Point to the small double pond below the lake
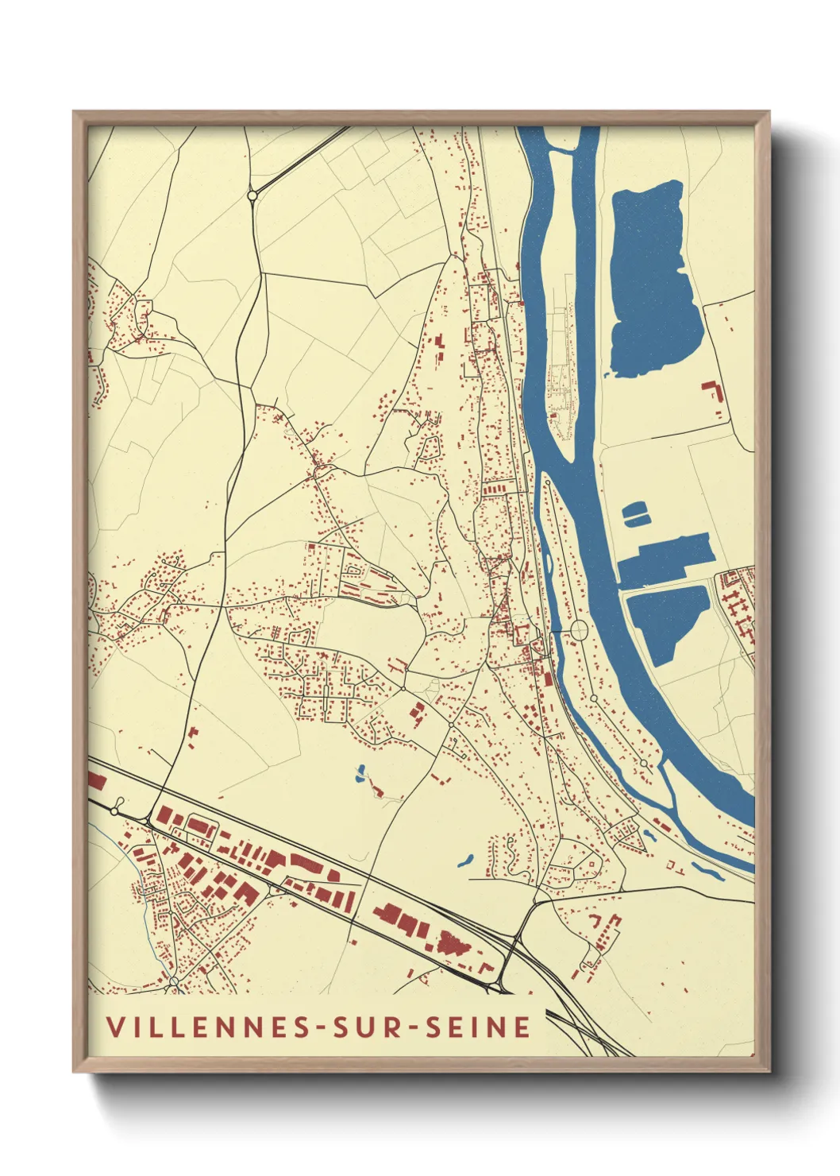point(636,514)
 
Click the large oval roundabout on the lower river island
point(579,630)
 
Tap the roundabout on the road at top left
point(252,194)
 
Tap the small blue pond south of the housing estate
point(361,773)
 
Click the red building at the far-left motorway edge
point(96,780)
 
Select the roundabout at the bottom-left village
point(174,982)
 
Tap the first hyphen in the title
point(321,1028)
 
